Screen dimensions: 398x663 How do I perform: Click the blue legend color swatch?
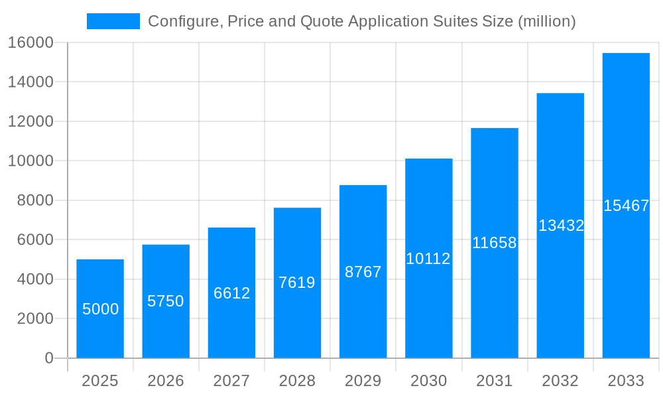(113, 21)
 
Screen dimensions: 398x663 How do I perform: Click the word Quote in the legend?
(322, 21)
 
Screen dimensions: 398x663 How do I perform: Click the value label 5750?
(166, 301)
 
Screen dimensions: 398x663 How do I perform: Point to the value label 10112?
(428, 259)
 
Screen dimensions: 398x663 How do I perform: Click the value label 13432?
(561, 226)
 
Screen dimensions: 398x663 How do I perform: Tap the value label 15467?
(626, 206)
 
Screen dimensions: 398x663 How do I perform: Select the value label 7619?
(297, 283)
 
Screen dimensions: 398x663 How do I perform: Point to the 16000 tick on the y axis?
(30, 42)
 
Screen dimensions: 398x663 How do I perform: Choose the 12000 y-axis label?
(30, 121)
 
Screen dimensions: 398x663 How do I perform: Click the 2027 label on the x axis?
(231, 381)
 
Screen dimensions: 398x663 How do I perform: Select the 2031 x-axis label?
(495, 381)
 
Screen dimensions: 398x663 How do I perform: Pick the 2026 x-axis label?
(166, 381)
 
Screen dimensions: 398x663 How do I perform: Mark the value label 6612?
(231, 293)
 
